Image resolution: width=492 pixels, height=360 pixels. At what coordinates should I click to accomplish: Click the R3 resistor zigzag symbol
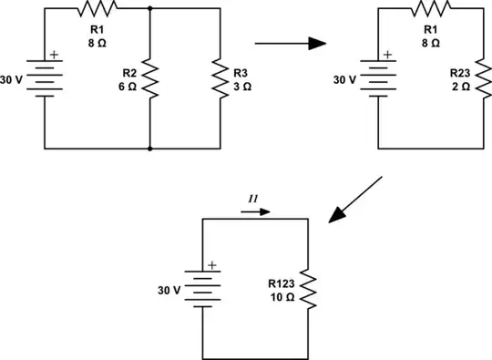pos(220,78)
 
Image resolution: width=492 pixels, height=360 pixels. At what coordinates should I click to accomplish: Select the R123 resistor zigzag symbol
pos(310,287)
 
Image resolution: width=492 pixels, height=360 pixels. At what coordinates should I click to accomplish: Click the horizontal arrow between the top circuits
pos(290,43)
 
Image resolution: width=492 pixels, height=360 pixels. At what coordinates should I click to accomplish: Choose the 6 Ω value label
pos(126,84)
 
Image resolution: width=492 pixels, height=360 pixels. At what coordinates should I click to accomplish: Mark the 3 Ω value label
pos(240,85)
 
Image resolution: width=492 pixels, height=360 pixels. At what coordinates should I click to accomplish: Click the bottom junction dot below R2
pos(149,148)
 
